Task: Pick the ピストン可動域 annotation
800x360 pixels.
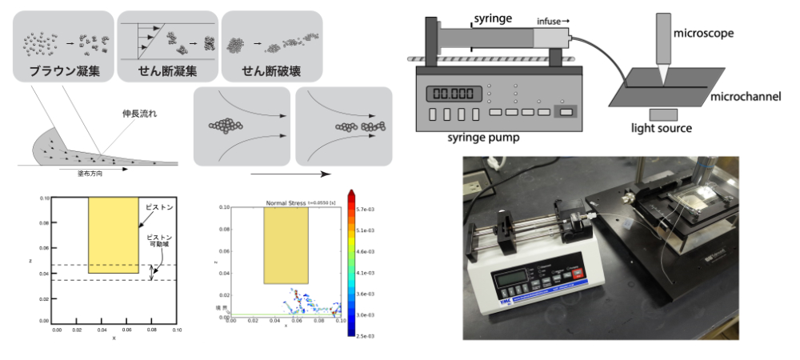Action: [158, 242]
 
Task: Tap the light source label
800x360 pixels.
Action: [661, 128]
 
